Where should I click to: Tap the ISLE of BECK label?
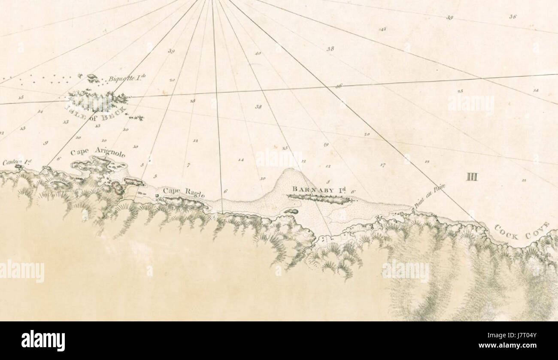95,112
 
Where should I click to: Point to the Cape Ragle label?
183,192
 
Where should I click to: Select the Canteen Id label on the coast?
17,162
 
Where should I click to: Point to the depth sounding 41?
383,29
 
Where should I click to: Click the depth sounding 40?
258,54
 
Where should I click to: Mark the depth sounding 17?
382,165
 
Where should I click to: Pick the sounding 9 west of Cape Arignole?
45,143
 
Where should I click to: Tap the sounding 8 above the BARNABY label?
328,182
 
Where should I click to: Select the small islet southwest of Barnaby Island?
291,212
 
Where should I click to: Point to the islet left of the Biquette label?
93,78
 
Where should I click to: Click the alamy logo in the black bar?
43,340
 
